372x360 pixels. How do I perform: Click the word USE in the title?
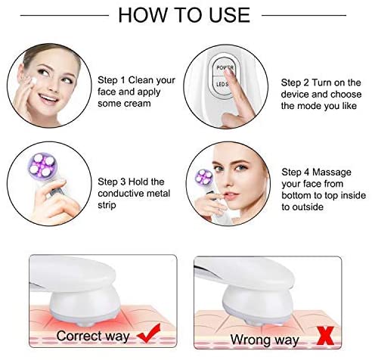[229, 15]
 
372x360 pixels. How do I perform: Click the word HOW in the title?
[143, 15]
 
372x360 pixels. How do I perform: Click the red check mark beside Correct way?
[149, 334]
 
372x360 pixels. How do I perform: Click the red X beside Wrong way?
[325, 336]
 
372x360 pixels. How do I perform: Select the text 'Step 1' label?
[111, 80]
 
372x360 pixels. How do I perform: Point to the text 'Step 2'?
[295, 82]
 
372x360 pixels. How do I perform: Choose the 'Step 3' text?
[112, 182]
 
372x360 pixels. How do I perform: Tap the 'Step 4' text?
[296, 172]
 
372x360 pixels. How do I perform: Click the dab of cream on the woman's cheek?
[34, 81]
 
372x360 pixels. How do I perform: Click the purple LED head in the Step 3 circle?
[42, 165]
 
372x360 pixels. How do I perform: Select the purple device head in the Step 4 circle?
[204, 176]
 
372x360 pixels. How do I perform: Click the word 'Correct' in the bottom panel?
[79, 336]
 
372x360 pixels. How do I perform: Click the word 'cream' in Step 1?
[138, 104]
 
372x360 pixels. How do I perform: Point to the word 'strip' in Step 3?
[107, 205]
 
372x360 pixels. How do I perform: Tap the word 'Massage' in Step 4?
[332, 172]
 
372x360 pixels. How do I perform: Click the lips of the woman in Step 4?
[230, 195]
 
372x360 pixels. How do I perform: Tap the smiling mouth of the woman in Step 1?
[48, 98]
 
